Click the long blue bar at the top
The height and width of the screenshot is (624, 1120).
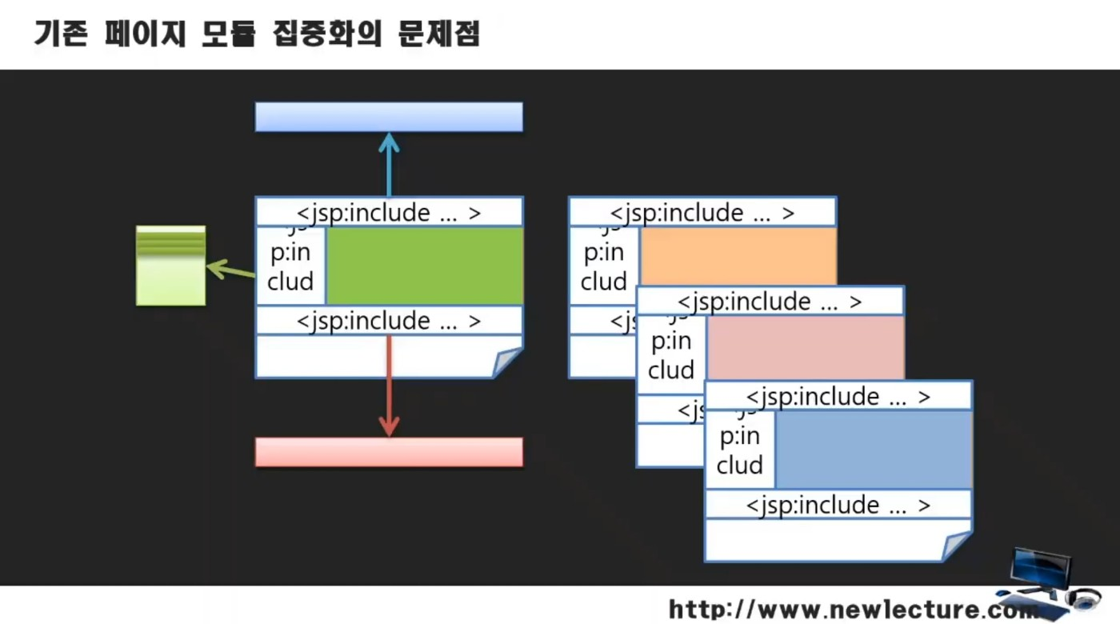click(389, 117)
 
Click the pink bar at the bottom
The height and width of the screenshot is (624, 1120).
click(389, 452)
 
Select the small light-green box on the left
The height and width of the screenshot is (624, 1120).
click(170, 266)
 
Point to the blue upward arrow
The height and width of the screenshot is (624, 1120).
click(389, 164)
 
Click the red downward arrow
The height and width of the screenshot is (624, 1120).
click(389, 388)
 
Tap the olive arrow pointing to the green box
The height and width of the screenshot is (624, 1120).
click(230, 270)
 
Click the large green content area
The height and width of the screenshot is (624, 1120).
click(424, 266)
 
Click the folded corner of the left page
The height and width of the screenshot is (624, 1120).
click(507, 362)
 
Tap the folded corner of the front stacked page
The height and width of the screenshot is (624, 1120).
click(957, 546)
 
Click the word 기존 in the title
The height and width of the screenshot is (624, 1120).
click(60, 34)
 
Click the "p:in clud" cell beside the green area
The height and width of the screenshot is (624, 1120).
click(290, 267)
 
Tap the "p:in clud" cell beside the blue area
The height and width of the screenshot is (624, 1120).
click(739, 450)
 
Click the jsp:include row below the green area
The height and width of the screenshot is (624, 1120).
click(389, 321)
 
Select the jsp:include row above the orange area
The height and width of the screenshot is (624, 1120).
click(702, 213)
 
